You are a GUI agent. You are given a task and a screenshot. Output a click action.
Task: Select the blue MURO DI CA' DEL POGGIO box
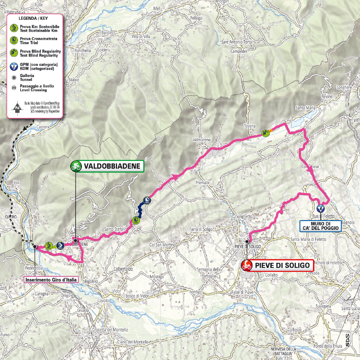tap(320, 226)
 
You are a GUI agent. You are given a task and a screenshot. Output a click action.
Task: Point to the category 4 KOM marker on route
tap(321, 208)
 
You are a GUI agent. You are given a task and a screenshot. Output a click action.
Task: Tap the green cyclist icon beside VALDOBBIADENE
tap(76, 166)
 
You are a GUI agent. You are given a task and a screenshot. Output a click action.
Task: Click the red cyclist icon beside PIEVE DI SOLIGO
tap(246, 265)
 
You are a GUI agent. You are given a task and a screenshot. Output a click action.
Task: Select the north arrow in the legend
tap(17, 108)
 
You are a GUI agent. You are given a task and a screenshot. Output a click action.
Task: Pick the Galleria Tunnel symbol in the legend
tap(14, 77)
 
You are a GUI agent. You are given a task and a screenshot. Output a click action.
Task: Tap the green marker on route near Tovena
tap(265, 134)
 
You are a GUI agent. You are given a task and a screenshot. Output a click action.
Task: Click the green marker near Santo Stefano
tap(136, 220)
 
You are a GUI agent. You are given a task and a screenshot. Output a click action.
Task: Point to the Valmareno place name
tap(201, 139)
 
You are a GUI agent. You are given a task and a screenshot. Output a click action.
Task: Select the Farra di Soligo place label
tap(200, 229)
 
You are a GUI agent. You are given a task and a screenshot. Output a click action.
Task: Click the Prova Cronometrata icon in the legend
tap(14, 40)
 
